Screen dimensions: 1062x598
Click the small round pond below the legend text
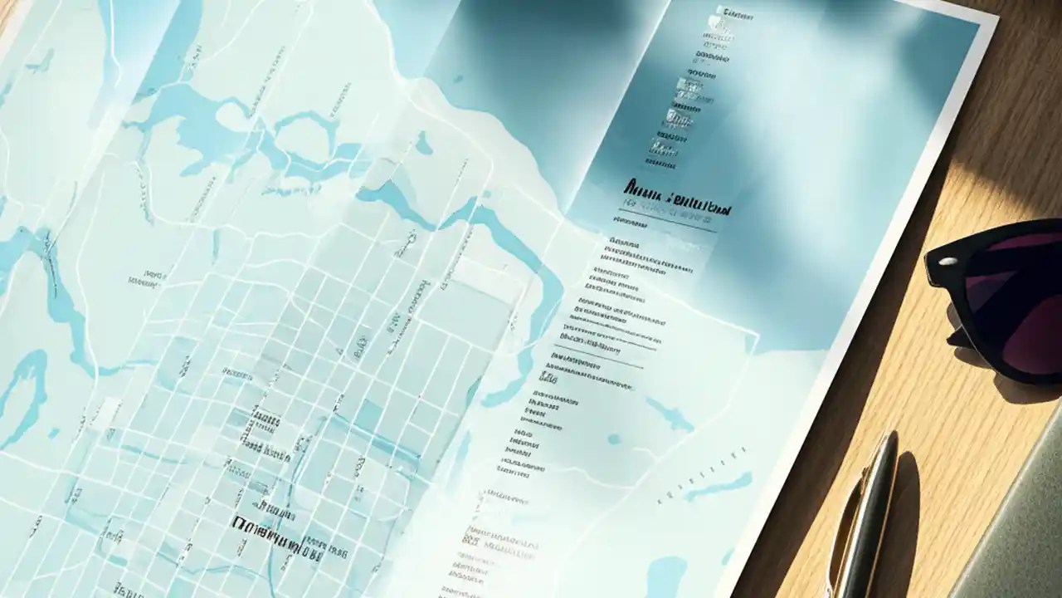click(614, 439)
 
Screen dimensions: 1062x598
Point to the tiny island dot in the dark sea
click(457, 80)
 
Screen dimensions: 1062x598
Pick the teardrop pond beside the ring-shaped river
click(423, 145)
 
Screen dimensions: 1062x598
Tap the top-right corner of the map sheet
click(996, 20)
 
